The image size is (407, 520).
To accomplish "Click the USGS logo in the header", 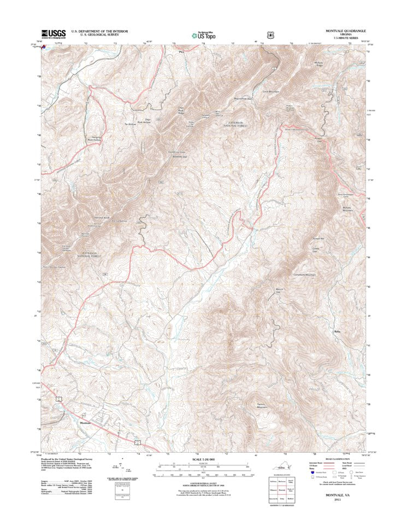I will click(53, 33).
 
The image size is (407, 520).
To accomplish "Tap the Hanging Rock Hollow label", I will click(94, 139).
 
